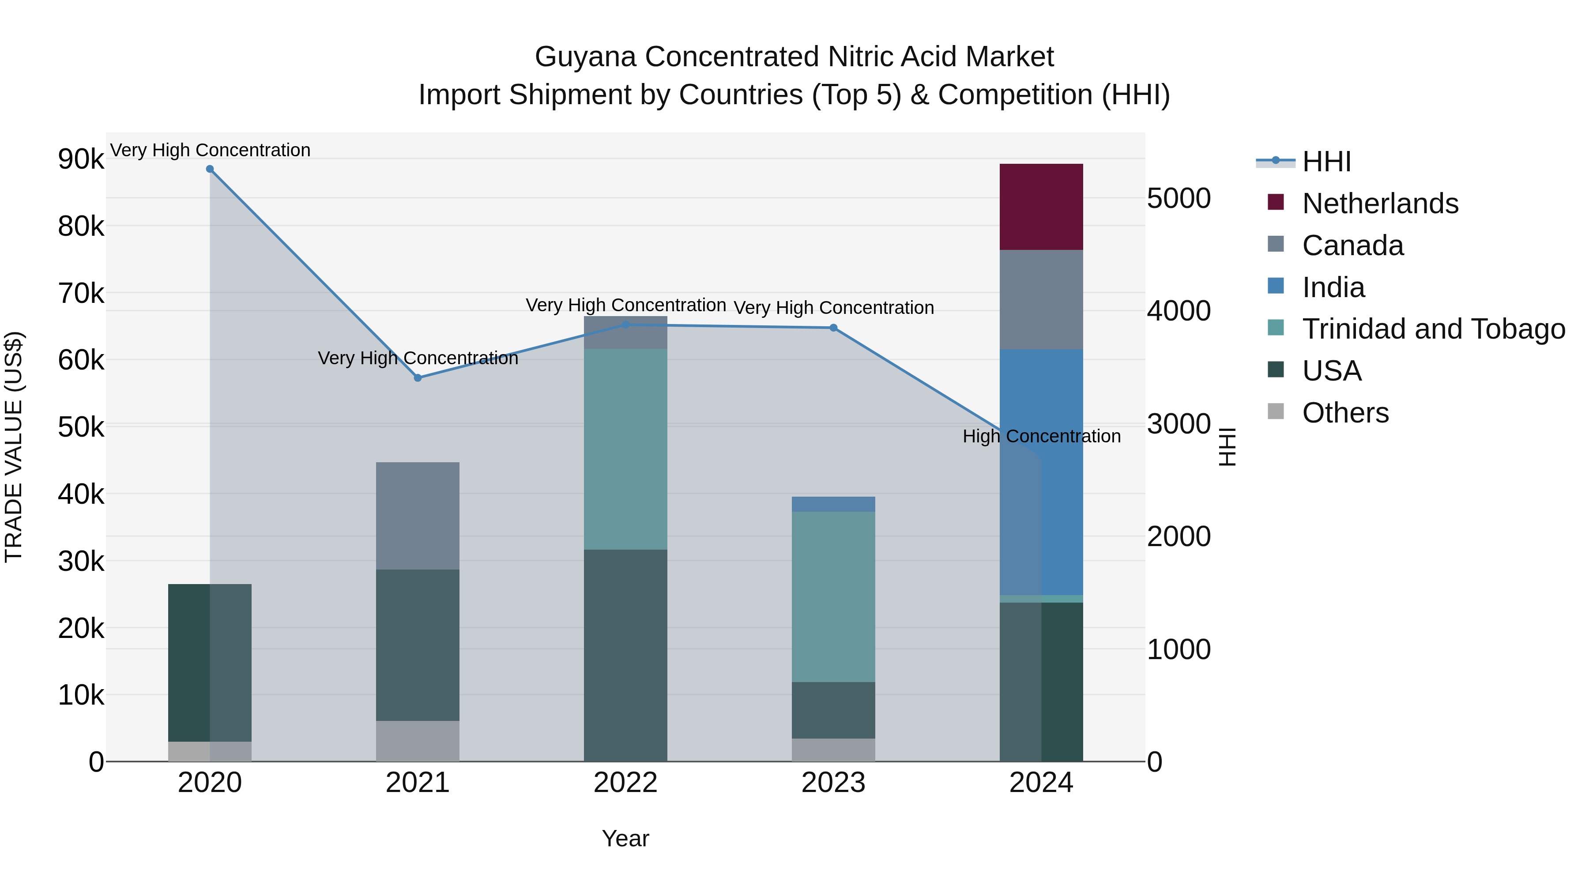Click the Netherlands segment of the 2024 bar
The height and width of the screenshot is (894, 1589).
pyautogui.click(x=1041, y=207)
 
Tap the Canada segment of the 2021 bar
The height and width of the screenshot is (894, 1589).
pyautogui.click(x=418, y=516)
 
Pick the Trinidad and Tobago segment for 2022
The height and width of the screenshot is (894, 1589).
pyautogui.click(x=625, y=449)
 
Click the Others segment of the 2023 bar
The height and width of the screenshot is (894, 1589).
pyautogui.click(x=833, y=750)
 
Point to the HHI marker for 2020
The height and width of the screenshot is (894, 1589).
pyautogui.click(x=210, y=169)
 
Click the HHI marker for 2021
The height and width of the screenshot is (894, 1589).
pyautogui.click(x=418, y=377)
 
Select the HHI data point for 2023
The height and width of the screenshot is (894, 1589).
pyautogui.click(x=833, y=328)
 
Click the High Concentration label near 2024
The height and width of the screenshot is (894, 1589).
pyautogui.click(x=1041, y=436)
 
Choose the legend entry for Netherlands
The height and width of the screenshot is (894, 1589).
pyautogui.click(x=1380, y=204)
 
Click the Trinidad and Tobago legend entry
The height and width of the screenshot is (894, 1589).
pyautogui.click(x=1433, y=329)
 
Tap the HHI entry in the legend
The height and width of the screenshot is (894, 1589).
pyautogui.click(x=1326, y=162)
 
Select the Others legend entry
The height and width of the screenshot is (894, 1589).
pyautogui.click(x=1345, y=413)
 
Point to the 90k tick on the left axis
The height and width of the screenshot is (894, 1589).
pyautogui.click(x=81, y=159)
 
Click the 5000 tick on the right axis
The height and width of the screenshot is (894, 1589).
pyautogui.click(x=1178, y=199)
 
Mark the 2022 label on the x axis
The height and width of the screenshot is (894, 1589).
pyautogui.click(x=625, y=783)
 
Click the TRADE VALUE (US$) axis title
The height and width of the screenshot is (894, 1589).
pyautogui.click(x=14, y=447)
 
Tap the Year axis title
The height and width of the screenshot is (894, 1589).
pyautogui.click(x=625, y=838)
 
